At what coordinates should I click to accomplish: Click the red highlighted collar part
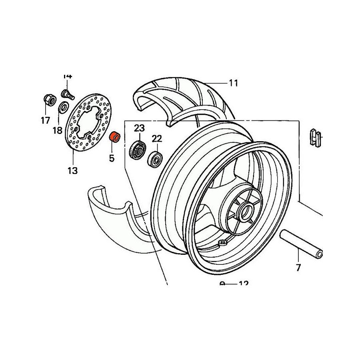coord(115,137)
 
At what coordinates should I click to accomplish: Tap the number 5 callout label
coord(112,158)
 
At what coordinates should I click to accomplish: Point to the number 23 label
coord(139,128)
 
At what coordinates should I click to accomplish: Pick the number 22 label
coord(157,139)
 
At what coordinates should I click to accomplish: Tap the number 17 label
coord(45,120)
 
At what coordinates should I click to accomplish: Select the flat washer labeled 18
coord(63,108)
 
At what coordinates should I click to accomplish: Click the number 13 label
coord(72,171)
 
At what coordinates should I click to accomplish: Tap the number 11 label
coord(234,83)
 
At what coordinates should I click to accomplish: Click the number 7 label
coord(298,268)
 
